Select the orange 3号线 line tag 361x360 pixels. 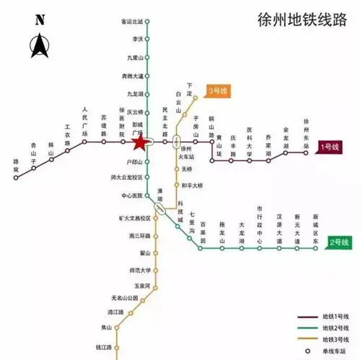tap(216, 91)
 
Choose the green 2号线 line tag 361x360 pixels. tap(339, 241)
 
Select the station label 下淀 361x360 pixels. tap(190, 89)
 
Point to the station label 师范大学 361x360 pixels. tap(140, 271)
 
